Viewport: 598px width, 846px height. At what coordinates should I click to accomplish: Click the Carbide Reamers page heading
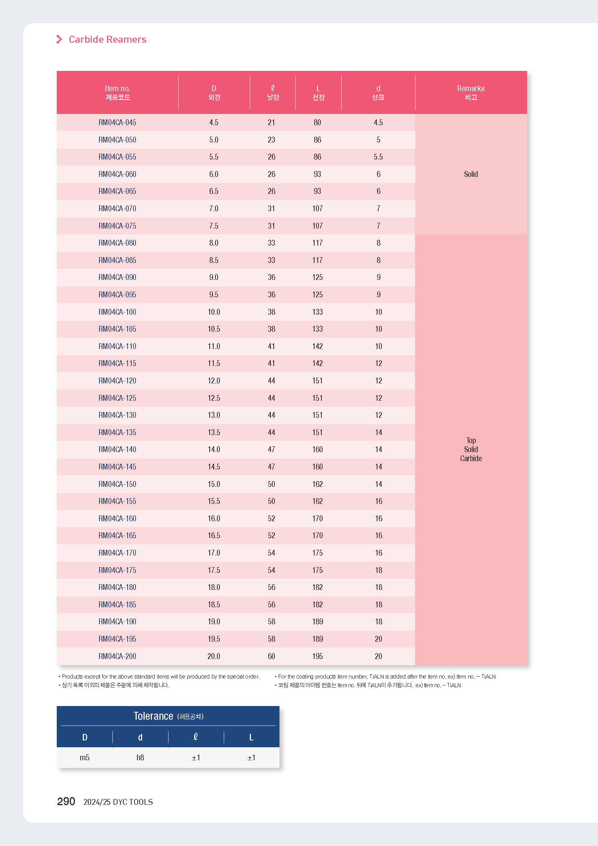(107, 39)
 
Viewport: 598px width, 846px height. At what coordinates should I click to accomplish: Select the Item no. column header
(118, 93)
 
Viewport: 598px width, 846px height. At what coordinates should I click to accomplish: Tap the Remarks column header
(471, 93)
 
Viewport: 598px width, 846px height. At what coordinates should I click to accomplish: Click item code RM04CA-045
(117, 122)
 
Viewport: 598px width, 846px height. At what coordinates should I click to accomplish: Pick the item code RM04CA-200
(117, 656)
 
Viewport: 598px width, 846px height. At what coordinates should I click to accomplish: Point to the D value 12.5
(214, 398)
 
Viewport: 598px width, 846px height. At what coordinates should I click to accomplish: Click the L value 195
(317, 656)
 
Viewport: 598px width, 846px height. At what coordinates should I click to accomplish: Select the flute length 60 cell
(272, 656)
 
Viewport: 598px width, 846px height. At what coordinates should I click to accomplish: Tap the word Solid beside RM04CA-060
(471, 174)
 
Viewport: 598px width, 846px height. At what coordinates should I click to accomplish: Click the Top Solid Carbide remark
(471, 450)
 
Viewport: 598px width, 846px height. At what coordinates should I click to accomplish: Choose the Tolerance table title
(168, 716)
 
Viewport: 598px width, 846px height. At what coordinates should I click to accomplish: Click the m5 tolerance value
(85, 758)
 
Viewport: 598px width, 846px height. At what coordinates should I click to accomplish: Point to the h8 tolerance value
(140, 758)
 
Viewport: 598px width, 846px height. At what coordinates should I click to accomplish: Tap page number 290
(66, 802)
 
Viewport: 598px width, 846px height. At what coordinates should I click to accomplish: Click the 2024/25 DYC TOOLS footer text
(118, 802)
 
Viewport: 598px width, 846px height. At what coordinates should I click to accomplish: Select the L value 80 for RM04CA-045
(317, 122)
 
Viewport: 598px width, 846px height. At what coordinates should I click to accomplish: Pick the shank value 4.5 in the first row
(378, 122)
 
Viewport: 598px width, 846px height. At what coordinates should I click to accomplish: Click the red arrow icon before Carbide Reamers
(59, 39)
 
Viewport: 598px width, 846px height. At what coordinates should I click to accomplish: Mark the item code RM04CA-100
(117, 312)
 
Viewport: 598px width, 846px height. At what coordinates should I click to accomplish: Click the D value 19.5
(214, 639)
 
